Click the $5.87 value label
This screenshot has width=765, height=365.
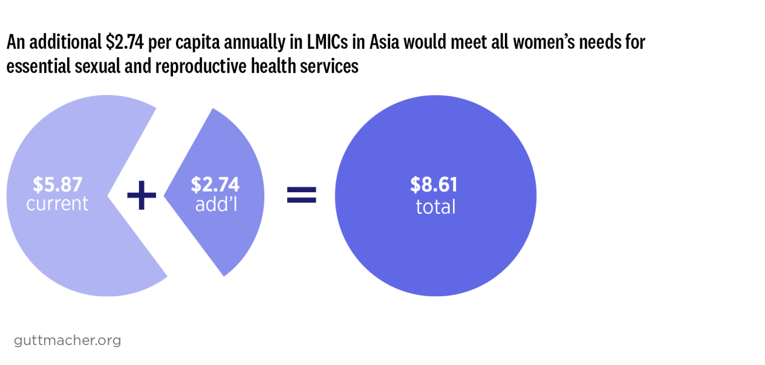pos(57,185)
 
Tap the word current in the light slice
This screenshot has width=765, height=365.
pos(57,204)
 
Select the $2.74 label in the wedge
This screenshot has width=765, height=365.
pos(215,185)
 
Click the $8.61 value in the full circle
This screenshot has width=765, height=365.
pos(434,185)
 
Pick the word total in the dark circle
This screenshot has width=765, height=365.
pos(435,207)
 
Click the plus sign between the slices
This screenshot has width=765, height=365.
pos(142,195)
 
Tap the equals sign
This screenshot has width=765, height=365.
pos(301,195)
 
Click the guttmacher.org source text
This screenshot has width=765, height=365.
pos(67,340)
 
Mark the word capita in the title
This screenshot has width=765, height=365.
pos(192,43)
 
